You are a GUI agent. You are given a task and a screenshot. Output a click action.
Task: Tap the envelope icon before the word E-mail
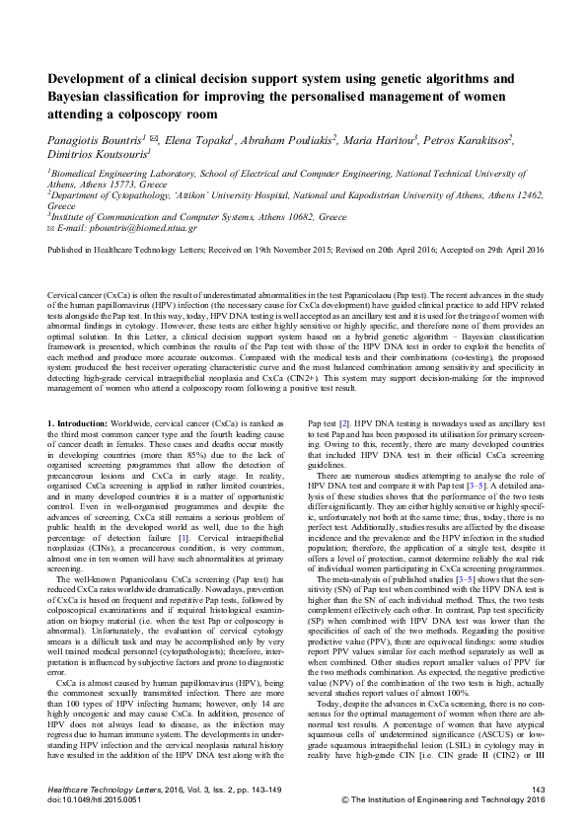(x=51, y=226)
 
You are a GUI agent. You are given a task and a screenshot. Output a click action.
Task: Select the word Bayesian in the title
(x=80, y=97)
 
